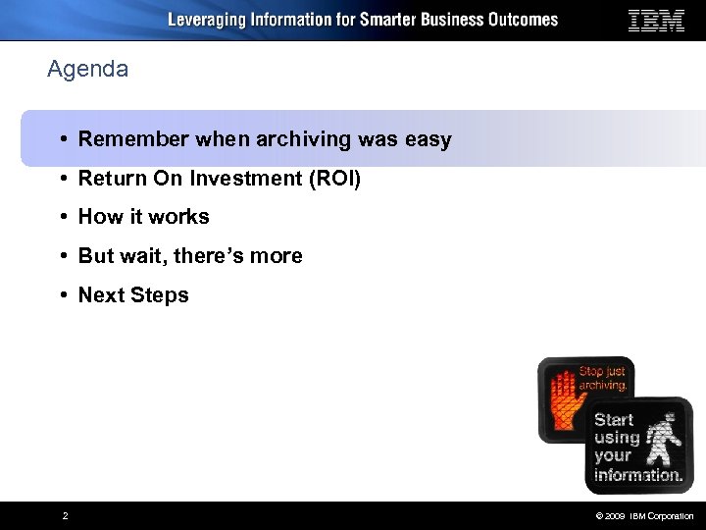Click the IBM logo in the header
click(x=656, y=21)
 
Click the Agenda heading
click(x=87, y=70)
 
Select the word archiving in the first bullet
click(x=303, y=139)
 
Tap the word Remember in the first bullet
click(x=133, y=139)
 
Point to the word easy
click(x=428, y=139)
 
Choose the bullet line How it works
click(x=143, y=217)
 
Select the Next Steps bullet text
click(x=133, y=295)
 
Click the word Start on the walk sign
click(x=614, y=419)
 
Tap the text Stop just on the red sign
click(x=603, y=372)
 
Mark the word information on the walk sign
click(x=638, y=474)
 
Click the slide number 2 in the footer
click(x=65, y=516)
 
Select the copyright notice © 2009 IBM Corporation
click(x=643, y=516)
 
